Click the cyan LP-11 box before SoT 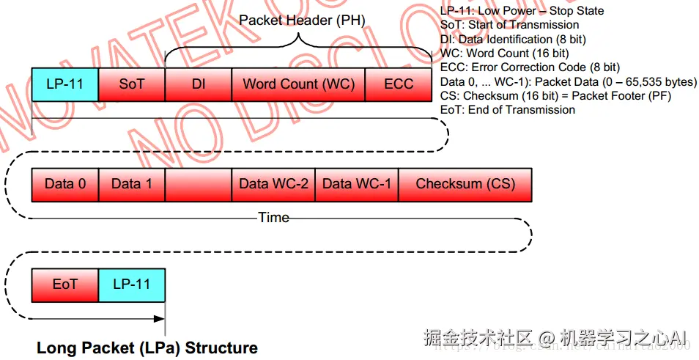pyautogui.click(x=64, y=84)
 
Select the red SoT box pyautogui.click(x=131, y=84)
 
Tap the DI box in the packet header pyautogui.click(x=198, y=84)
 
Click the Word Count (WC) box pyautogui.click(x=298, y=84)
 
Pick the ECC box pyautogui.click(x=399, y=84)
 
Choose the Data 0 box pyautogui.click(x=64, y=184)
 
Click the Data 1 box pyautogui.click(x=131, y=184)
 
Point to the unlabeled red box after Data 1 pyautogui.click(x=198, y=184)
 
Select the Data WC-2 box pyautogui.click(x=273, y=184)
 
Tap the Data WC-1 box pyautogui.click(x=357, y=184)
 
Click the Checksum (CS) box pyautogui.click(x=465, y=184)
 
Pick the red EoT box pyautogui.click(x=64, y=284)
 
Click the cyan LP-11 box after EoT pyautogui.click(x=131, y=284)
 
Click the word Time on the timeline pyautogui.click(x=273, y=218)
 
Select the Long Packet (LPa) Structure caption pyautogui.click(x=147, y=348)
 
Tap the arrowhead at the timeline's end pyautogui.click(x=160, y=318)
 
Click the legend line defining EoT pyautogui.click(x=508, y=109)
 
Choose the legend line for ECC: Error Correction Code pyautogui.click(x=530, y=67)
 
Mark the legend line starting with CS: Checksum pyautogui.click(x=555, y=95)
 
